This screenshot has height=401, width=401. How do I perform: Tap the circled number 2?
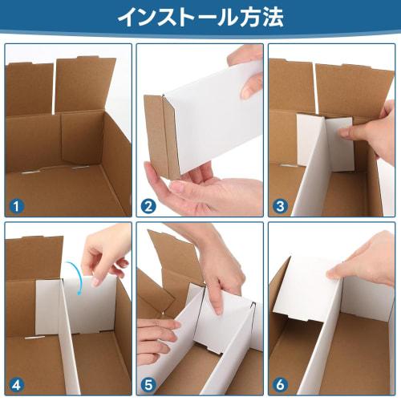click(x=148, y=206)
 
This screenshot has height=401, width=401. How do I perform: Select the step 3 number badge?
click(x=280, y=206)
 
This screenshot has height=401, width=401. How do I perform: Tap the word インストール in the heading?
click(x=176, y=17)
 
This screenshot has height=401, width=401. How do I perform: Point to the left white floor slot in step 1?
click(x=30, y=173)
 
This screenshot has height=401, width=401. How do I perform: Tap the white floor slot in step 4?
click(x=34, y=338)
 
